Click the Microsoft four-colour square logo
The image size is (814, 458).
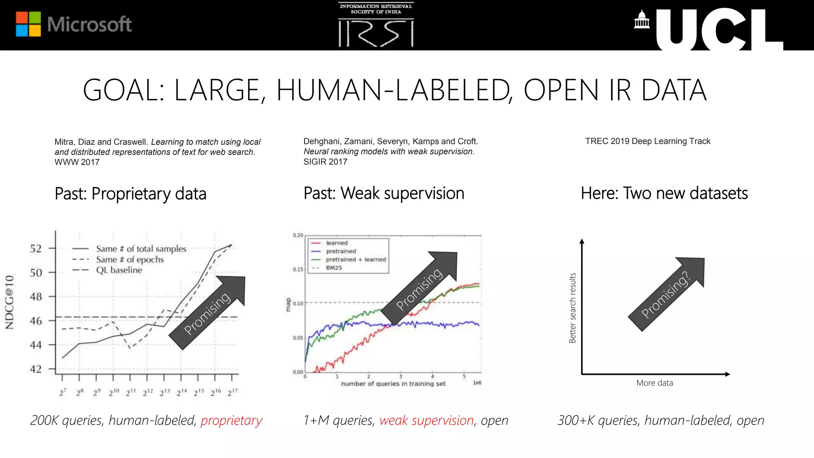point(28,24)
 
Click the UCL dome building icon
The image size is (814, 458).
point(642,20)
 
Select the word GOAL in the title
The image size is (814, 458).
point(123,90)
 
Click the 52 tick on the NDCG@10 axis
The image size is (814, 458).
point(36,248)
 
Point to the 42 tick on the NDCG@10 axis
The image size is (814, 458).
point(36,369)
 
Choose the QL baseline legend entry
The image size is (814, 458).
point(119,270)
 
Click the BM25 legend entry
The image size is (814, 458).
point(334,268)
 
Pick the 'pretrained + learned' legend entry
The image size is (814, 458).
point(356,260)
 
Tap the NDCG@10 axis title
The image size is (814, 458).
point(10,302)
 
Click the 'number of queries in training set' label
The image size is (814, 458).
point(393,384)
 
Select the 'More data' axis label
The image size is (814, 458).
point(655,383)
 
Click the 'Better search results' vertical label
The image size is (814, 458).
point(572,308)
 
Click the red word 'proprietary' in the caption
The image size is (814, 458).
point(231,420)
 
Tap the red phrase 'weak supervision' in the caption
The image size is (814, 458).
point(426,420)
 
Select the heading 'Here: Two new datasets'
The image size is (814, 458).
point(664,193)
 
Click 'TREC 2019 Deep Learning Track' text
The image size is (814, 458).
point(647,141)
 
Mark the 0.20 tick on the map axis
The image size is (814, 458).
point(298,235)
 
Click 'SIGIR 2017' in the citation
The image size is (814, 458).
point(325,162)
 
